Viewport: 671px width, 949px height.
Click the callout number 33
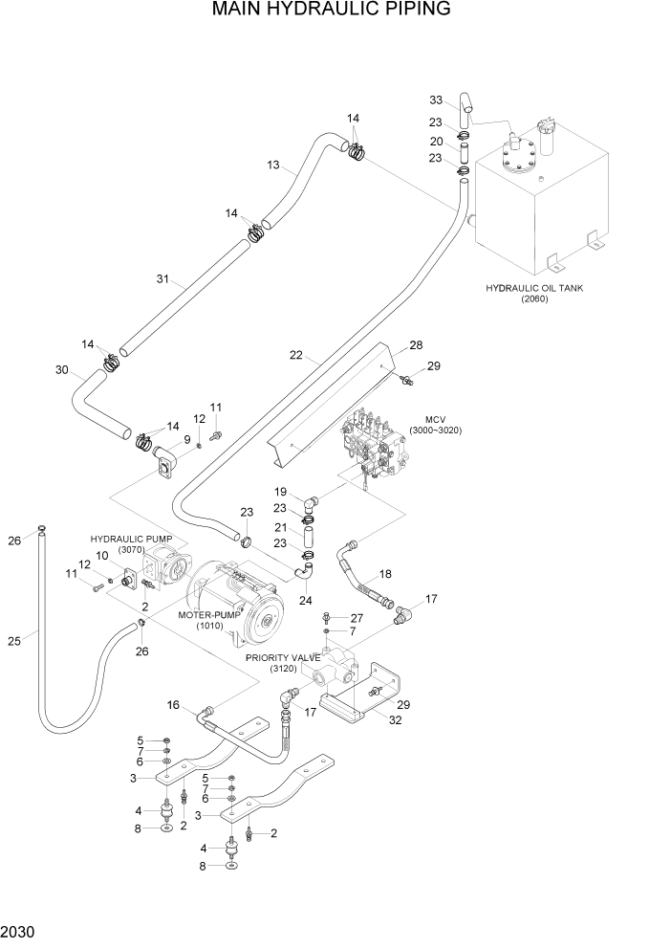(x=436, y=100)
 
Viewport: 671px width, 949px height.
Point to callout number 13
(x=273, y=166)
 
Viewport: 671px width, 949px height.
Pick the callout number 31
(x=162, y=279)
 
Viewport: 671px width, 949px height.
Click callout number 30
(x=63, y=370)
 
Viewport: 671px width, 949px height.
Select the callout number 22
(x=296, y=355)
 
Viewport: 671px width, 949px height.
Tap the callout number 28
(x=416, y=345)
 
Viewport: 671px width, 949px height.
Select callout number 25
(x=13, y=641)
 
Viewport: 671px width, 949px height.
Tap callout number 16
(x=173, y=705)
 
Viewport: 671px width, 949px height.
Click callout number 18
(x=385, y=574)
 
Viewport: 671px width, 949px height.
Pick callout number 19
(x=281, y=492)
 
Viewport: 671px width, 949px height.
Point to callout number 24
(x=306, y=601)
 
